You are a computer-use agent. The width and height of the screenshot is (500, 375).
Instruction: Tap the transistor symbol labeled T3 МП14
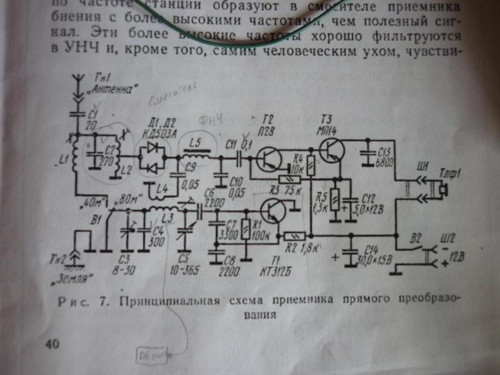coord(330,149)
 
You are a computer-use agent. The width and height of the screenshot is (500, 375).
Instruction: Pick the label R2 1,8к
coord(301,248)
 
